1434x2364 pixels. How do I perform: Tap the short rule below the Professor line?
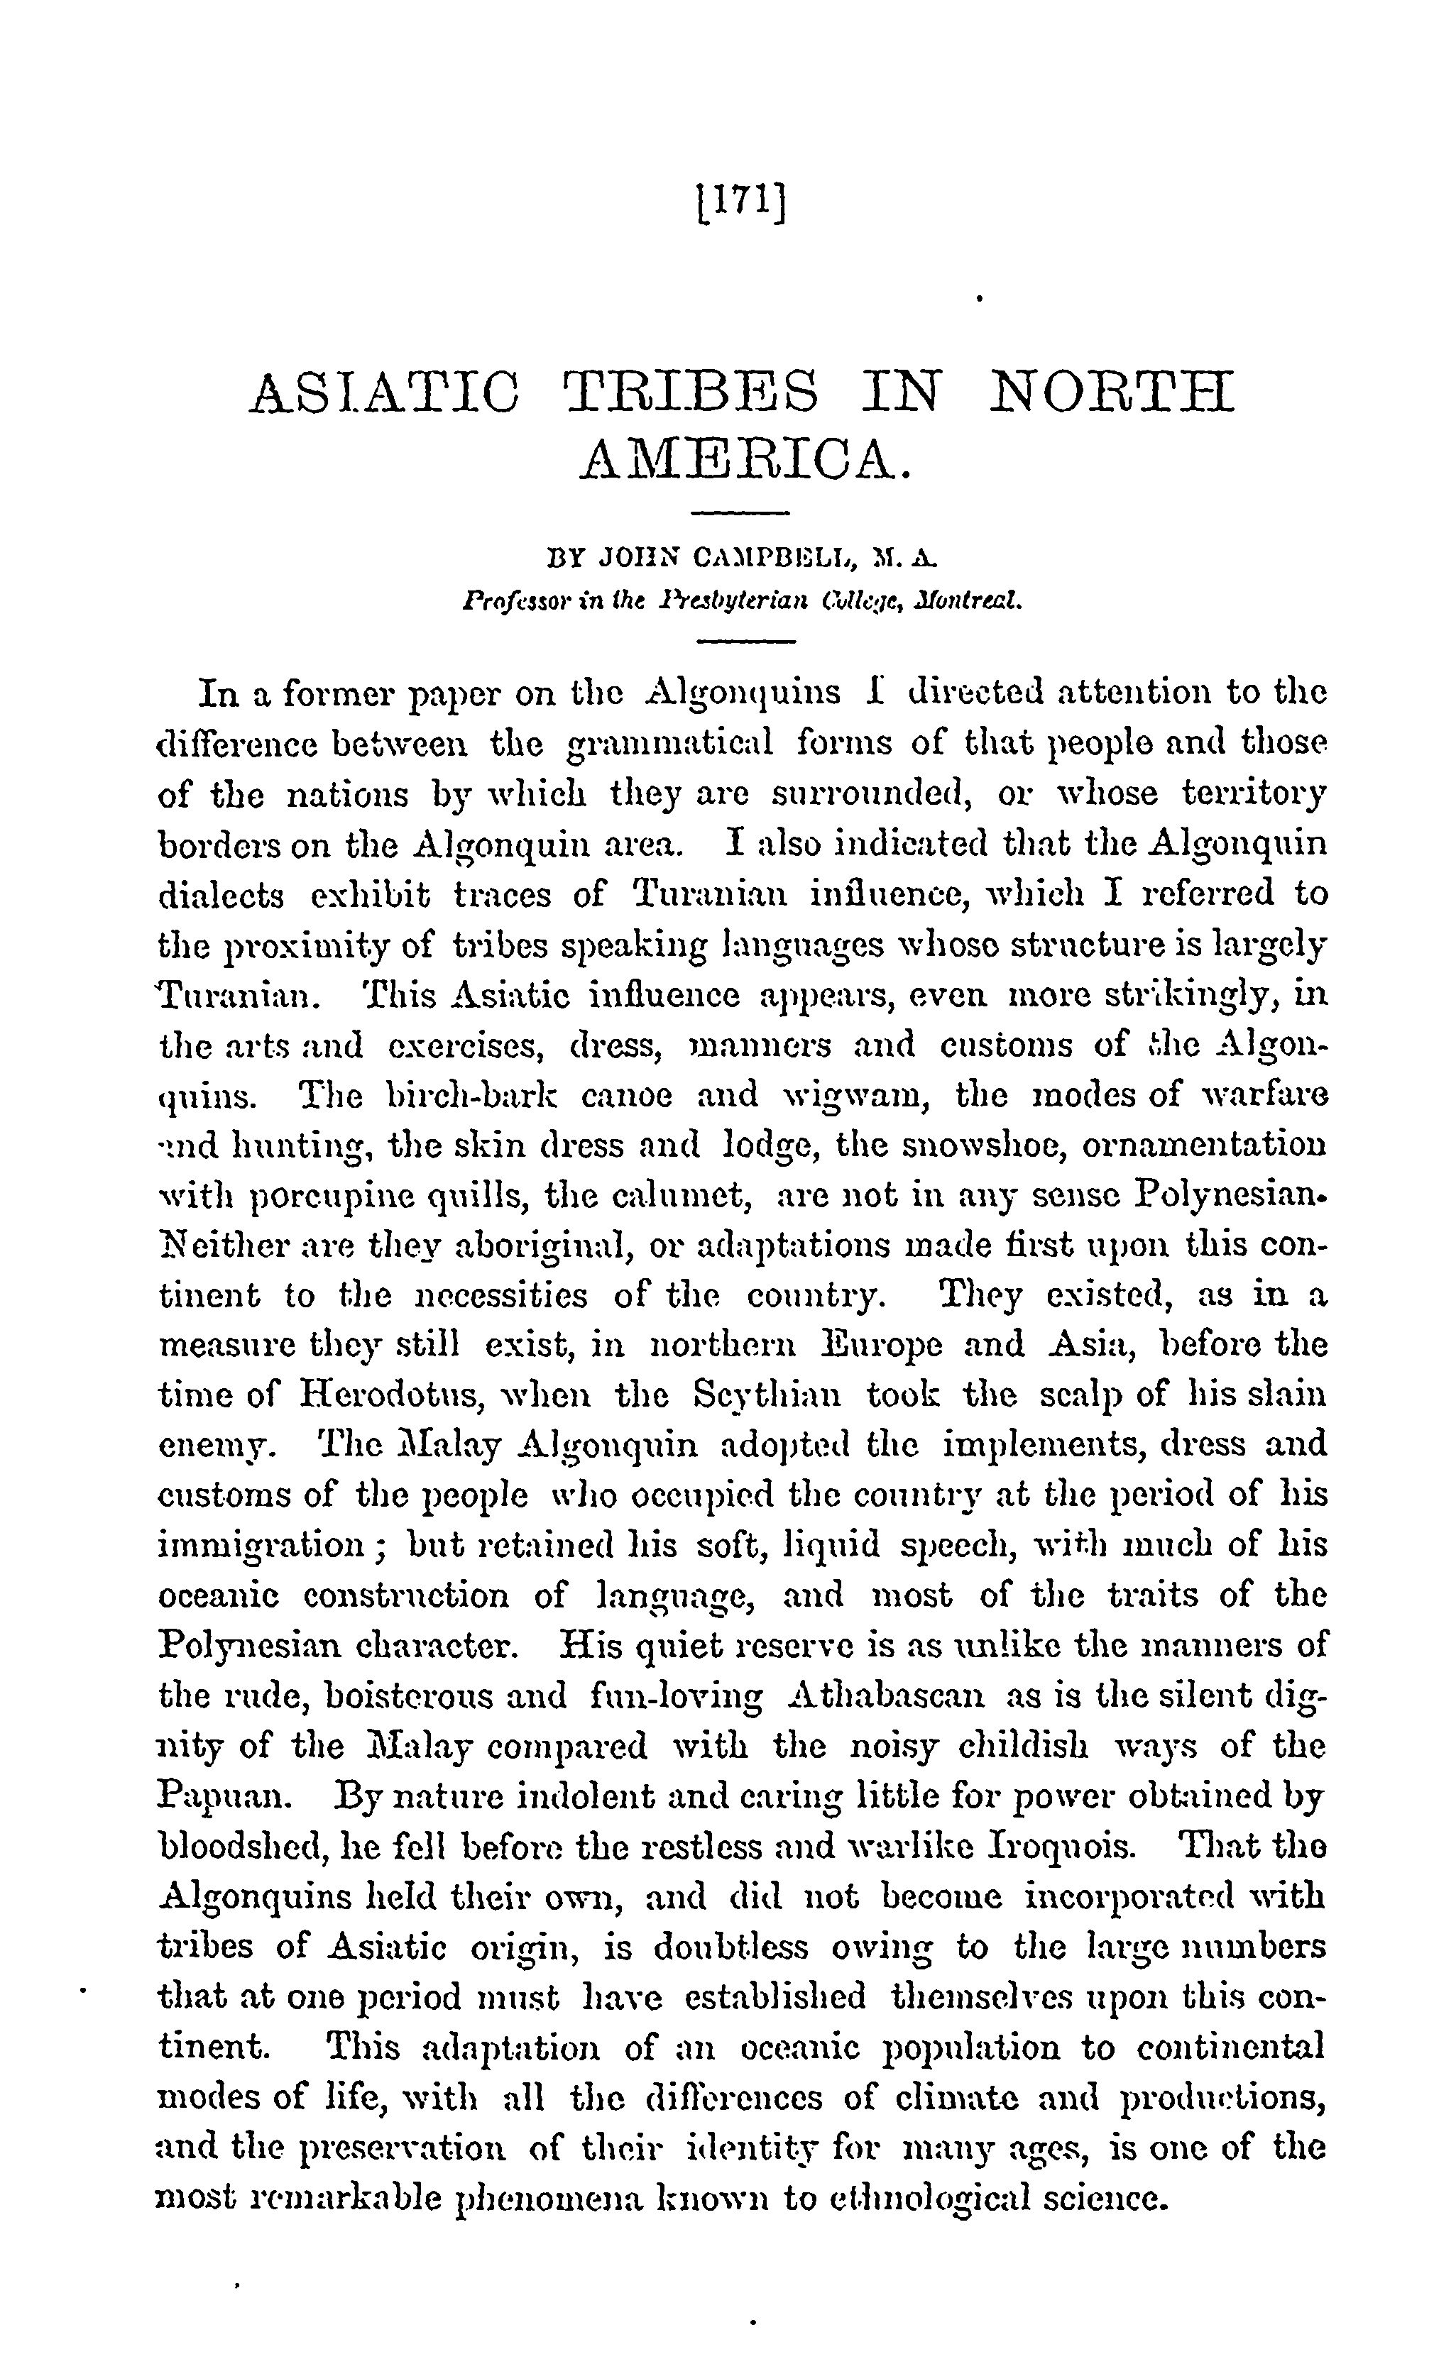(x=739, y=640)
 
